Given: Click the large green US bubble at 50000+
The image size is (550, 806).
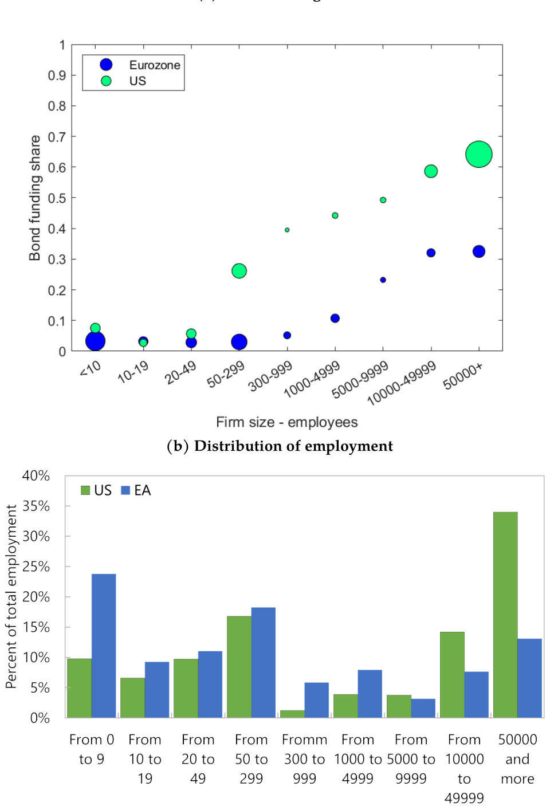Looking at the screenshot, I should [x=479, y=154].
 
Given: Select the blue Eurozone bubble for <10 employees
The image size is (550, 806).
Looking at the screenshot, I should [x=95, y=341].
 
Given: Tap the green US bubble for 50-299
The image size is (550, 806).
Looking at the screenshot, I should [x=239, y=271].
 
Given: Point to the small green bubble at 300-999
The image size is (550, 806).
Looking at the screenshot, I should [x=287, y=230].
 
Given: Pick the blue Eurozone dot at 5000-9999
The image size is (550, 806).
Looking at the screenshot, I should [x=383, y=280].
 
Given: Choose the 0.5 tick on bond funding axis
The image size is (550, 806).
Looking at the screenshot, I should [x=57, y=198].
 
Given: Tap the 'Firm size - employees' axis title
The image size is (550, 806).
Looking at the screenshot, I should [x=286, y=422].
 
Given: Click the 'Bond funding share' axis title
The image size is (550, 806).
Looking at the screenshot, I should [x=35, y=198].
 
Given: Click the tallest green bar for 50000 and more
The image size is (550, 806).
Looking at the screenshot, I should [x=505, y=614].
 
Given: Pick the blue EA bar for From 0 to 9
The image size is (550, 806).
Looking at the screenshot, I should [x=104, y=646].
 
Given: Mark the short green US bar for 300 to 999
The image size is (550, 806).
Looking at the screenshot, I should [x=292, y=714].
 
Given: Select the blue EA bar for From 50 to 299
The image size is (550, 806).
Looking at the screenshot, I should [x=263, y=662].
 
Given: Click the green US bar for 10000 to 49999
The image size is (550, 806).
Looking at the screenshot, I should [x=452, y=674].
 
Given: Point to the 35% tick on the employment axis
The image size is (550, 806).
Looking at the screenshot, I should [x=36, y=506].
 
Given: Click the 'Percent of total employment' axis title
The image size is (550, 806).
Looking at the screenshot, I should [x=11, y=596].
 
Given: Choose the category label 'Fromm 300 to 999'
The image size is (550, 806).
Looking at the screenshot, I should [x=304, y=759].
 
